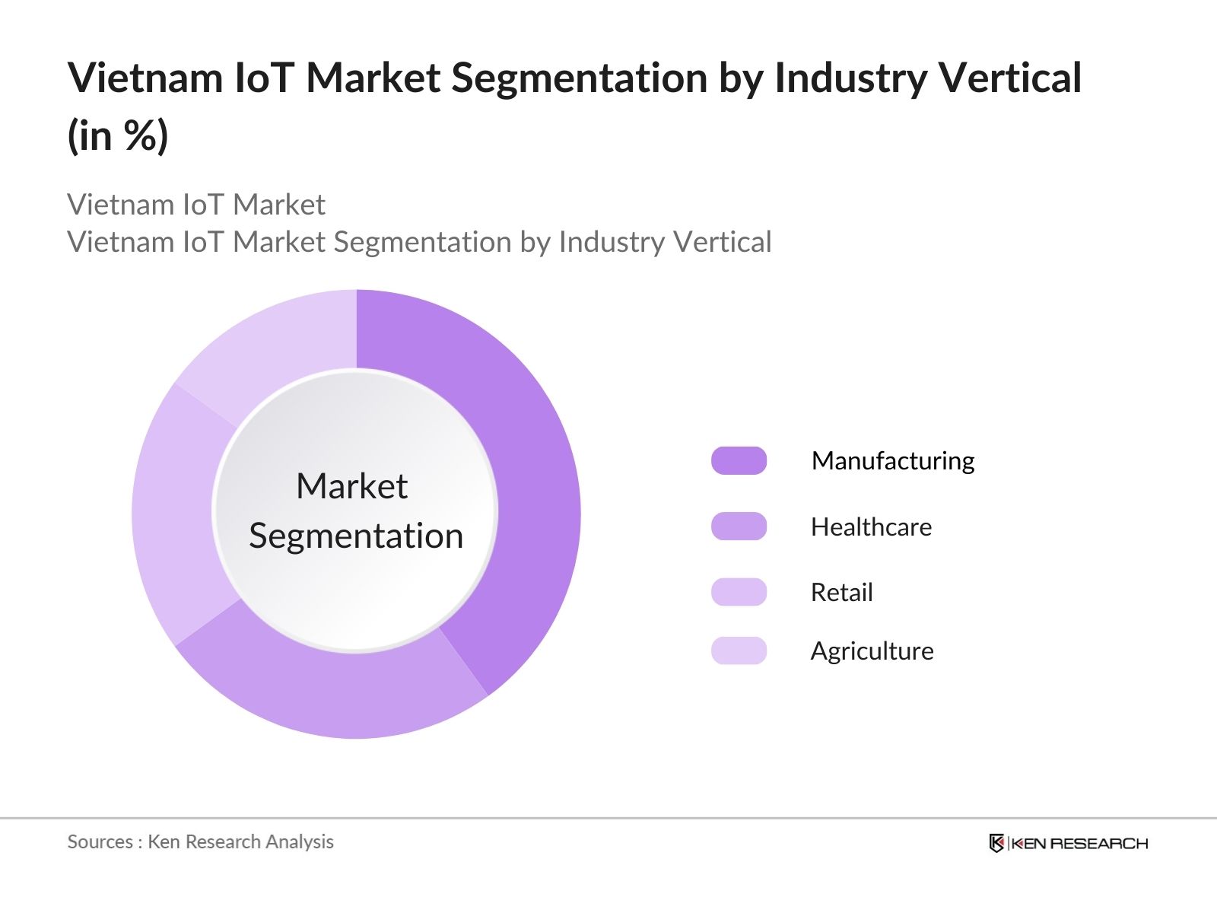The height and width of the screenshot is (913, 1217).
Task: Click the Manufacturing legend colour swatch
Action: tap(739, 461)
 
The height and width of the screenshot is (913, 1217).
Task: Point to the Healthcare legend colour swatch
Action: tap(739, 526)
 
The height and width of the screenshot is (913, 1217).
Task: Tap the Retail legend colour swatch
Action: tap(739, 592)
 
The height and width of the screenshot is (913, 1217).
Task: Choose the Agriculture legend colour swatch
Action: tap(739, 651)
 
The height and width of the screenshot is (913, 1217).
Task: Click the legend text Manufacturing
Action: tap(893, 461)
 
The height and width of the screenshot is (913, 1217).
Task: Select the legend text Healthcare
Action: tap(871, 526)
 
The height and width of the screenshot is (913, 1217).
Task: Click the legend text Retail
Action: tap(841, 592)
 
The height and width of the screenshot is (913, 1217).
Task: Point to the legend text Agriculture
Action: tap(872, 651)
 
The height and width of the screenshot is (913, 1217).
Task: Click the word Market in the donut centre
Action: tap(351, 486)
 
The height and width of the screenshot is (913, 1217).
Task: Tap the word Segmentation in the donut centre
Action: tap(356, 536)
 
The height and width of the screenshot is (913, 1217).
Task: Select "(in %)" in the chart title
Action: tap(118, 136)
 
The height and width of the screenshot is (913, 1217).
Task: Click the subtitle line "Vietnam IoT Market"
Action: tap(196, 205)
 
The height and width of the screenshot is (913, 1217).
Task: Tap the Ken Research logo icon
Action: tap(996, 843)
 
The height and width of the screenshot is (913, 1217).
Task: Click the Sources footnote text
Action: tap(201, 841)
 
